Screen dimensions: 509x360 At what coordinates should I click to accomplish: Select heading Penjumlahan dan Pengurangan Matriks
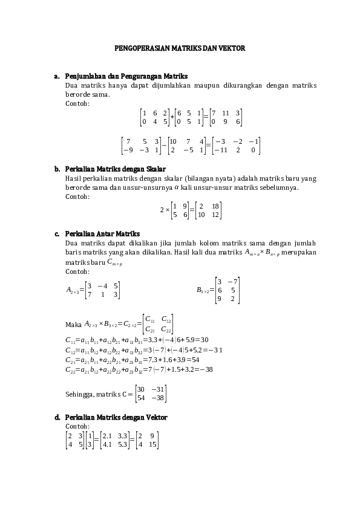point(126,76)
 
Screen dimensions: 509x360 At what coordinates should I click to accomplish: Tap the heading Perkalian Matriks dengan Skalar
point(115,169)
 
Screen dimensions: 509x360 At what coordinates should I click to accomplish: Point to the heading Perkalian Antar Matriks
point(102,233)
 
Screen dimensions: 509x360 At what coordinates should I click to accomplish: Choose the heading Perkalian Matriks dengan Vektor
point(116,418)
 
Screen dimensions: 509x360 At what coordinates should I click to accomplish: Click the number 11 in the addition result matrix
point(226,112)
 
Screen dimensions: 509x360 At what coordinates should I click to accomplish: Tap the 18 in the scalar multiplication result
point(216,206)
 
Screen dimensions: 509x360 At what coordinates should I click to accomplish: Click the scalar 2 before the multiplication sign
point(162,210)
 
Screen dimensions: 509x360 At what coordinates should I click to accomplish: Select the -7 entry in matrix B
point(232,281)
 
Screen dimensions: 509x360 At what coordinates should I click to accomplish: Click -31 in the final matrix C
point(159,389)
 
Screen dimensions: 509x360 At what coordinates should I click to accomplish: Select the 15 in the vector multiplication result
point(152,444)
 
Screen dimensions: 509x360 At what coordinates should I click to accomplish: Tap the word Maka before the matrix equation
point(73,325)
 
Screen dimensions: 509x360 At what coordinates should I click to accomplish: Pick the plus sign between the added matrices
point(172,117)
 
